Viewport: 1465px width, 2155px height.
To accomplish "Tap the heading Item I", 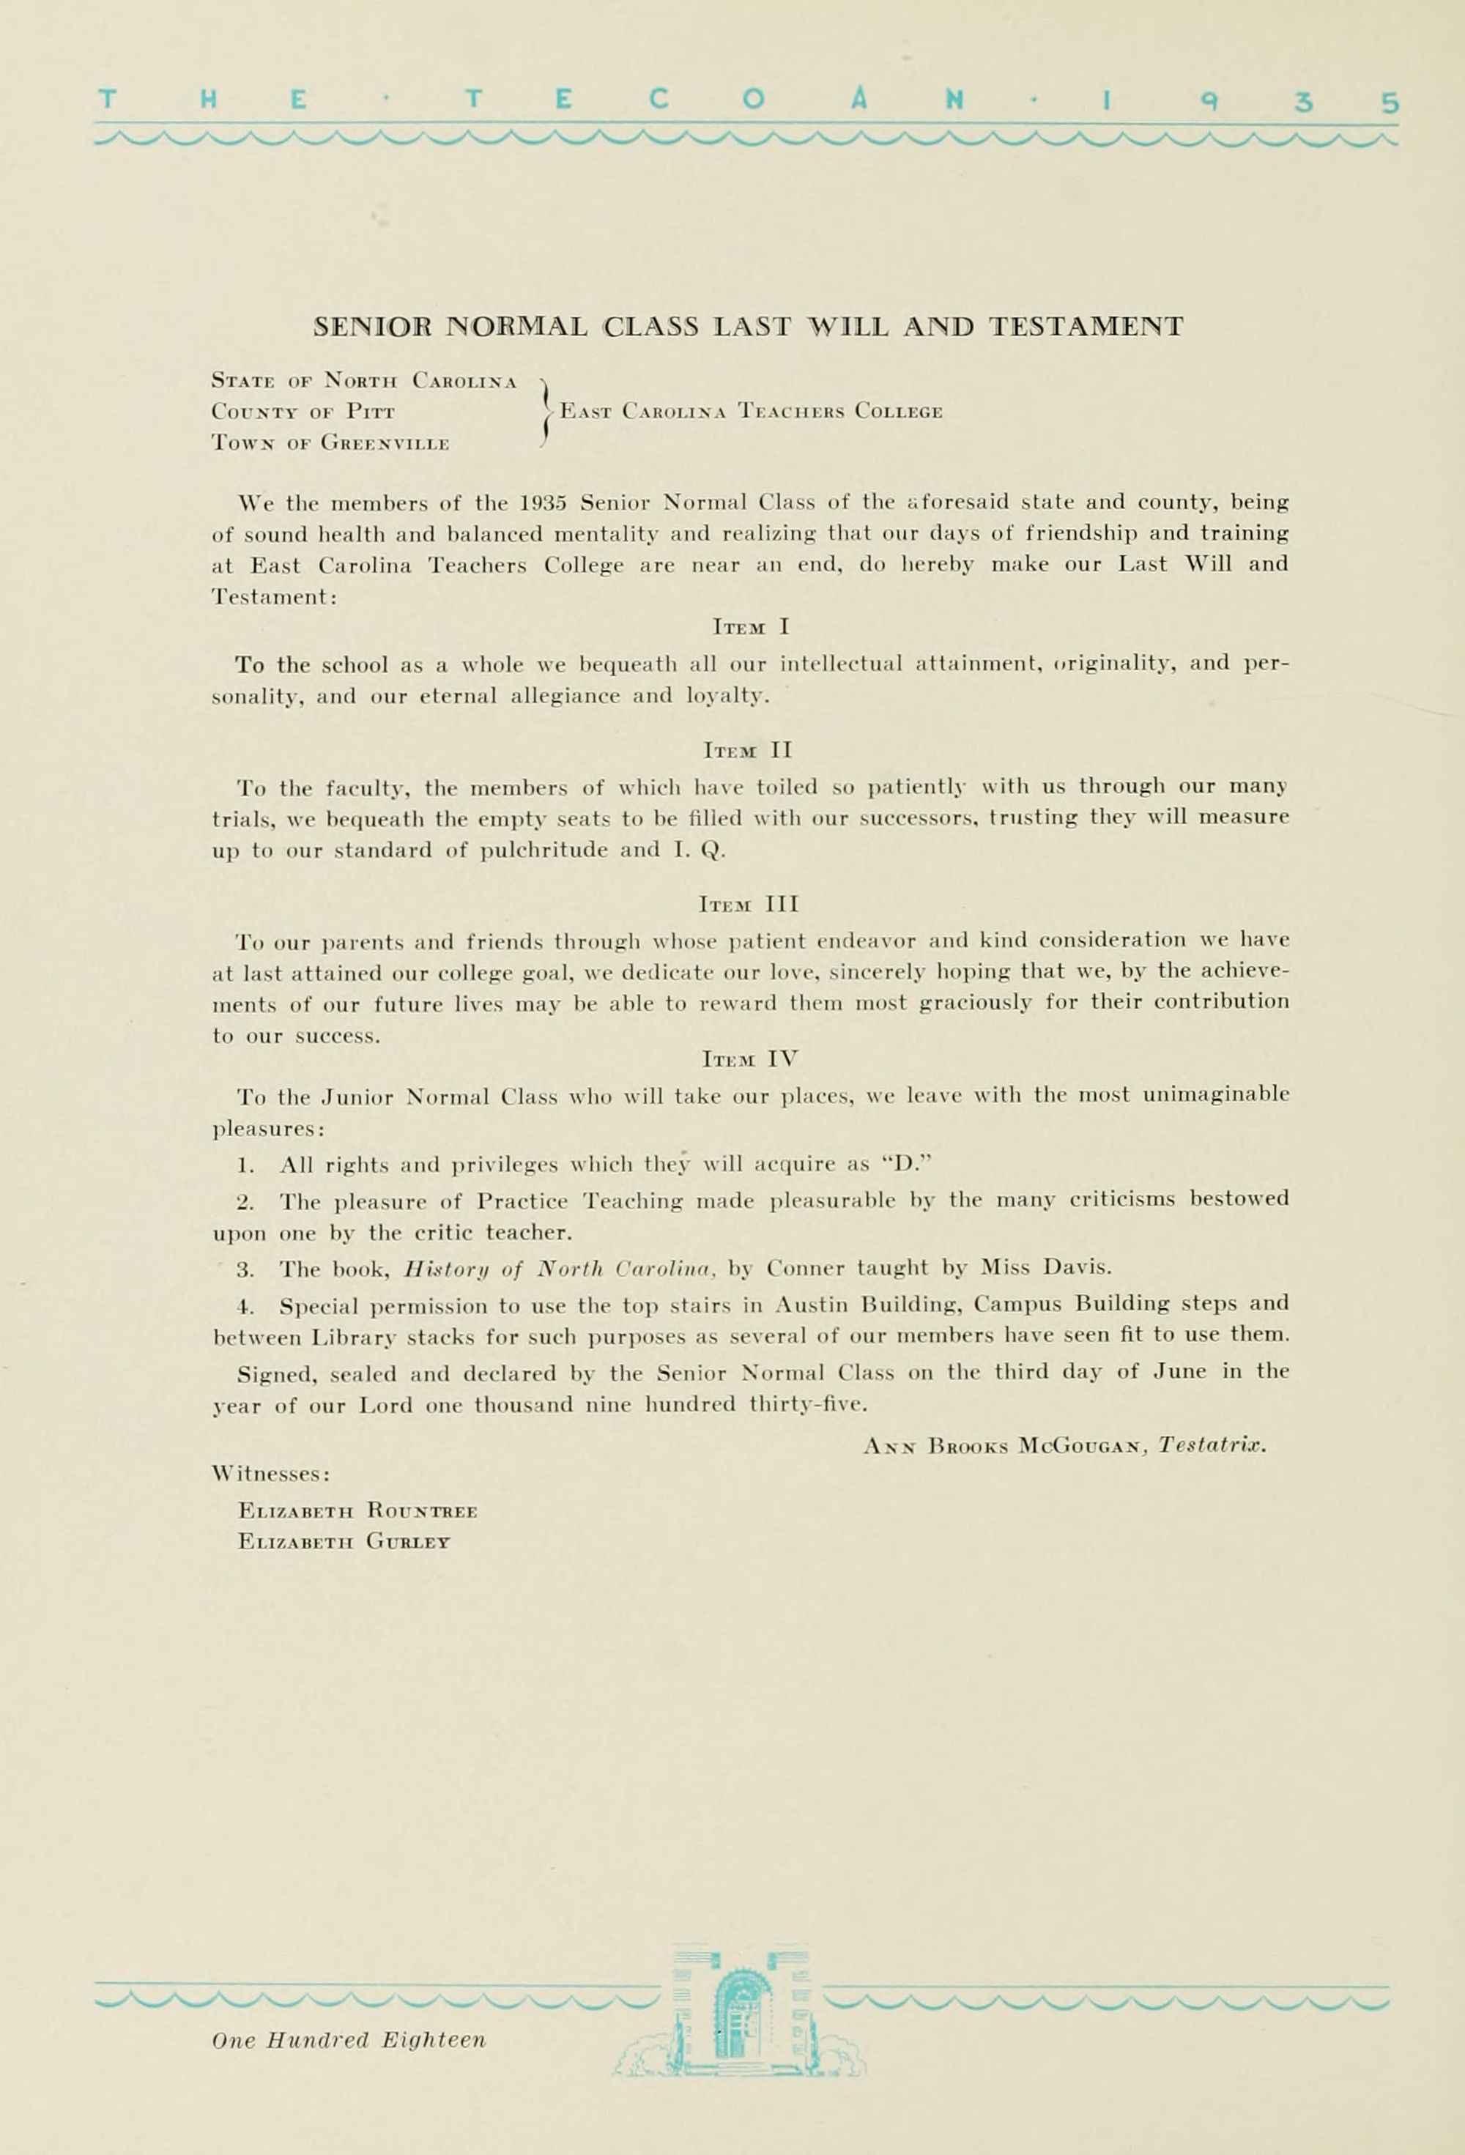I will click(750, 627).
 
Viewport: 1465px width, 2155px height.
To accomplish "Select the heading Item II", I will click(747, 749).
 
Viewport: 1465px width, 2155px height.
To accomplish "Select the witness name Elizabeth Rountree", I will click(357, 1510).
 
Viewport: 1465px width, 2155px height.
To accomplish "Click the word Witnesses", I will click(271, 1475).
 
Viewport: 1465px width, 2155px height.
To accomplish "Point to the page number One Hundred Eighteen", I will click(348, 2040).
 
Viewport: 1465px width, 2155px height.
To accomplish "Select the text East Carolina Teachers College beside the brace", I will click(751, 411).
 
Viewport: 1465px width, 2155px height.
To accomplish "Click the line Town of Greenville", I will click(330, 443).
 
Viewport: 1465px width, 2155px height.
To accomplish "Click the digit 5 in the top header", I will click(1388, 102).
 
